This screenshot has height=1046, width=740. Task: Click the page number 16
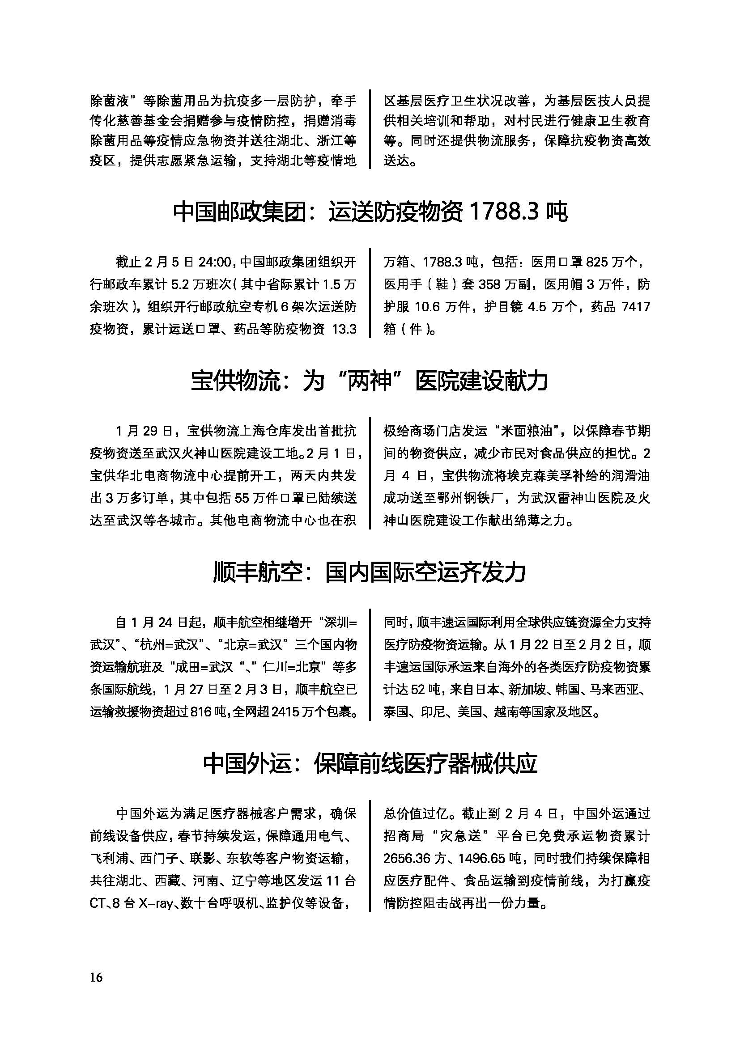click(97, 978)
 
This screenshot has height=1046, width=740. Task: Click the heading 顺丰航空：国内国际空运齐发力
click(370, 572)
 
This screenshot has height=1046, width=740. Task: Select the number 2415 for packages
click(286, 711)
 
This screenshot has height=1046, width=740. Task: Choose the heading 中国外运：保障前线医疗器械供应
click(370, 764)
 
